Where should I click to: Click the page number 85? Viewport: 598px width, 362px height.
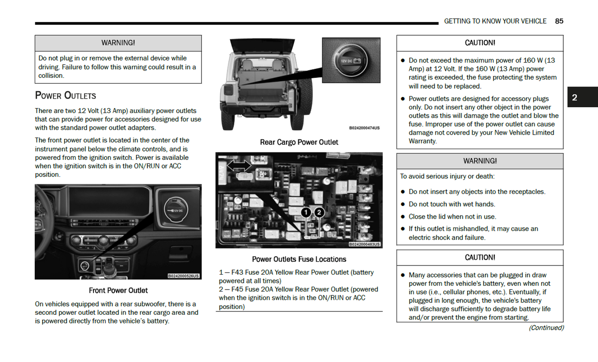coord(559,21)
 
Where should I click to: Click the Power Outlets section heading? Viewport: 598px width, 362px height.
coord(65,96)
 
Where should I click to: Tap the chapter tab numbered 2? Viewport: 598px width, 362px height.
coord(574,97)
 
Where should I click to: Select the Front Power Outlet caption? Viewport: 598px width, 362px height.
coord(118,290)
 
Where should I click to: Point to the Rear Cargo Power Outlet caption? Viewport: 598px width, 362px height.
coord(299,142)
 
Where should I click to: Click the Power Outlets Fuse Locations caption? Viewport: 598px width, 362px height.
coord(299,259)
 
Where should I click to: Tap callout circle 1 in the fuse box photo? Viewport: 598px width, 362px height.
coord(306,212)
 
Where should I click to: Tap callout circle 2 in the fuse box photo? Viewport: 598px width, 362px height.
coord(319,212)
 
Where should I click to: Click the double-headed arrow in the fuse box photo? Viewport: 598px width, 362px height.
coord(239,165)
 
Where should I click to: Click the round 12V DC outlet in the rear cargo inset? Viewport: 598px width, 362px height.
coord(351,60)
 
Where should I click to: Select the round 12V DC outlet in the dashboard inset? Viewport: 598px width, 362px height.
coord(176,210)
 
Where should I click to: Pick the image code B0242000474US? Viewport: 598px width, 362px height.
coord(364,128)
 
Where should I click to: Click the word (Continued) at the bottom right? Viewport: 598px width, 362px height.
coord(546,328)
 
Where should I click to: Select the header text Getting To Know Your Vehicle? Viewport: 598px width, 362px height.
coord(495,21)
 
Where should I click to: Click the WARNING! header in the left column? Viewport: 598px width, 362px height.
coord(118,43)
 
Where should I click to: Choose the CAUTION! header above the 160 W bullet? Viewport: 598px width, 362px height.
coord(480,43)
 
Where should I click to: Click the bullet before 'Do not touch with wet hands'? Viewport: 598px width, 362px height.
coord(403,204)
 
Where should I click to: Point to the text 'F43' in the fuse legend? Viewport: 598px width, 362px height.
coord(237,272)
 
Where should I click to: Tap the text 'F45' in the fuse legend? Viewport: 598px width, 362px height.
coord(237,289)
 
